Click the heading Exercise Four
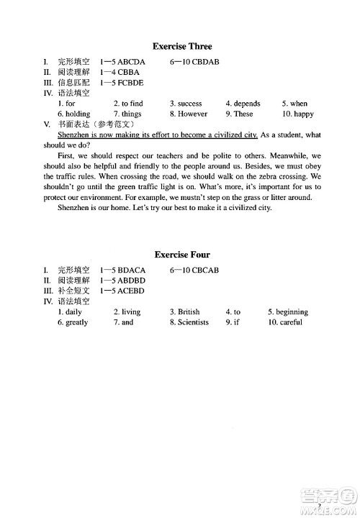point(182,255)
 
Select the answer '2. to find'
point(128,104)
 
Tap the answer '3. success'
point(186,104)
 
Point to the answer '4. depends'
point(243,104)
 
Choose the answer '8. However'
point(189,114)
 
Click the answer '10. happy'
point(297,114)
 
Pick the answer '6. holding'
point(73,114)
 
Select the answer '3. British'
point(185,312)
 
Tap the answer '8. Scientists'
point(189,322)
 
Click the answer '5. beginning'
point(287,312)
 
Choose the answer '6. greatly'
point(73,322)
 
